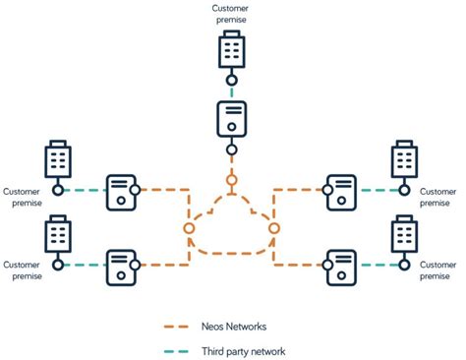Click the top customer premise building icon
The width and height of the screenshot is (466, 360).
232,49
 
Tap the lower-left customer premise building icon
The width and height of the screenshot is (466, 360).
59,235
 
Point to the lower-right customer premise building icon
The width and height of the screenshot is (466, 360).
404,235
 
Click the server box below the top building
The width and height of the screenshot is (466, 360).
232,119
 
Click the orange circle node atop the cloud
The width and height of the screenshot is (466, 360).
232,180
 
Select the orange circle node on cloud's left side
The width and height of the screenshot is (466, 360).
189,228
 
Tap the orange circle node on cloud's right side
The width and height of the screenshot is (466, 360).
274,228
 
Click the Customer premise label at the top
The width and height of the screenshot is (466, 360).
232,13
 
